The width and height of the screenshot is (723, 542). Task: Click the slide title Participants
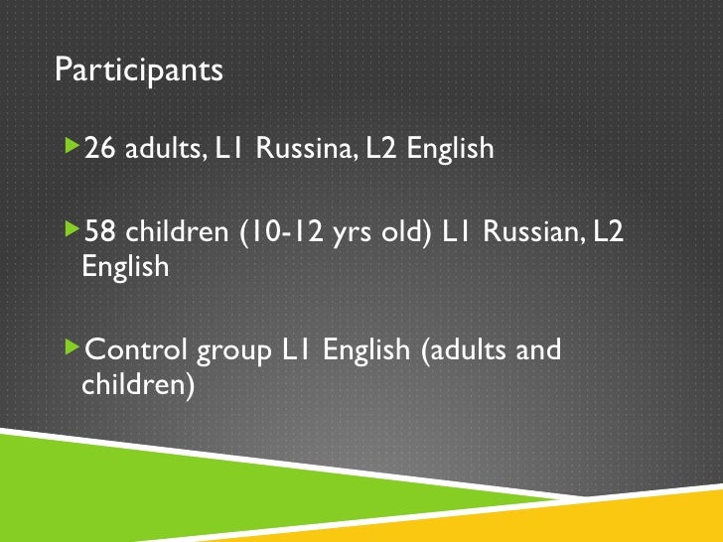tap(139, 71)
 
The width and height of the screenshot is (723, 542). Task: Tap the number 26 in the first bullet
tap(100, 149)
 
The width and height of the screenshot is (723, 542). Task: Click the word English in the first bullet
tap(452, 150)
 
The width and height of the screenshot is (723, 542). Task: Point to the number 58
tap(100, 230)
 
